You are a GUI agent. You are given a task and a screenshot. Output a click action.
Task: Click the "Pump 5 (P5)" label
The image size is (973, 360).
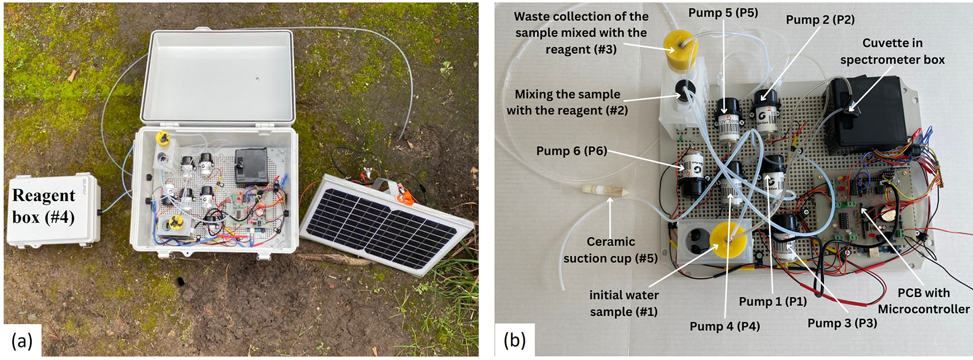click(723, 13)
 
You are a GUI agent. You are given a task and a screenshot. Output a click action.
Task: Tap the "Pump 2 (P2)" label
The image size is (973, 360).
click(820, 19)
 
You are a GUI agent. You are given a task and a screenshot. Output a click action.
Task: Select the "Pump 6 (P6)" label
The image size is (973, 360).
click(571, 151)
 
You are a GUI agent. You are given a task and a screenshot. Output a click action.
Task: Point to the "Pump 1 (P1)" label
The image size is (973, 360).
click(772, 302)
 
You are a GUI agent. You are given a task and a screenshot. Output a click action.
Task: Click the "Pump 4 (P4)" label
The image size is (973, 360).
click(724, 326)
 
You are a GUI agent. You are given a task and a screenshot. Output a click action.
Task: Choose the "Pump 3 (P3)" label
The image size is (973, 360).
click(842, 323)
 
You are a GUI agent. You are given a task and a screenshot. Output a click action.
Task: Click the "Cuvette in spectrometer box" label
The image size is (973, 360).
click(892, 51)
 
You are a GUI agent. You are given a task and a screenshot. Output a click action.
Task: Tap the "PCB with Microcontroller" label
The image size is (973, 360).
click(923, 301)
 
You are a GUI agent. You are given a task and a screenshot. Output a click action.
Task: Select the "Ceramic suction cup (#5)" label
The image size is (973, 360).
click(610, 250)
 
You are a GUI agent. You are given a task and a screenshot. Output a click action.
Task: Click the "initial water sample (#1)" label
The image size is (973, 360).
click(624, 304)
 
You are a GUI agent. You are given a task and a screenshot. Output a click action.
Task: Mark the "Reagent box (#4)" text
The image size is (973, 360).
click(44, 206)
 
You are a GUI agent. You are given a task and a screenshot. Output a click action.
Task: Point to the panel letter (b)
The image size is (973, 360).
click(515, 340)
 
